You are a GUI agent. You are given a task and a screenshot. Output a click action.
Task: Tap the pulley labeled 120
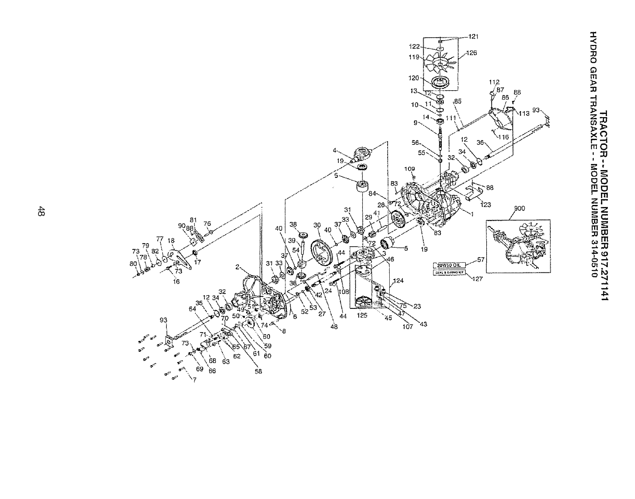[440, 84]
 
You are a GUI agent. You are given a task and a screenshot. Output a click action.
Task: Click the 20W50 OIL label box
[449, 265]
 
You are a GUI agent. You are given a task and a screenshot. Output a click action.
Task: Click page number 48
[42, 210]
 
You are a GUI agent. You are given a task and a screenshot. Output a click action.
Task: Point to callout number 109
[410, 169]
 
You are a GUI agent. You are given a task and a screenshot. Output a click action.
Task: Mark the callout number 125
[362, 315]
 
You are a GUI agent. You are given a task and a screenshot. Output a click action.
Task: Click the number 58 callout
[258, 371]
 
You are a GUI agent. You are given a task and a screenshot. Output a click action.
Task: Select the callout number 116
[503, 137]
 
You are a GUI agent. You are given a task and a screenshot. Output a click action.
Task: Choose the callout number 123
[485, 205]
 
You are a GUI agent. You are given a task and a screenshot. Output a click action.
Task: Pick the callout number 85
[458, 101]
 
